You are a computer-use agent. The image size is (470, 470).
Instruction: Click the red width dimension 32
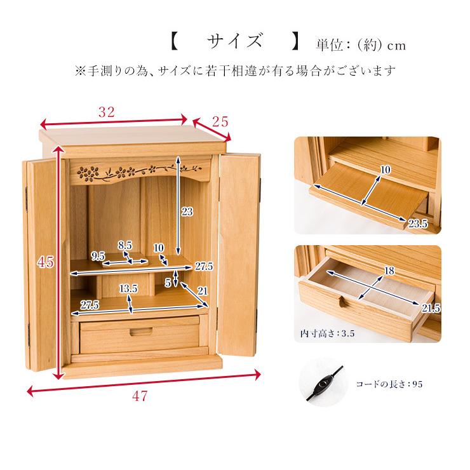click(107, 112)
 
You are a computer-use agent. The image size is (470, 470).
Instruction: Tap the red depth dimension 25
click(220, 122)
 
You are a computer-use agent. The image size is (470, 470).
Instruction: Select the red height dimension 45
click(46, 262)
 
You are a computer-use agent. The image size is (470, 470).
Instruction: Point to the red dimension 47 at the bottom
click(140, 396)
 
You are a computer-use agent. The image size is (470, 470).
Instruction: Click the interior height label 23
click(187, 211)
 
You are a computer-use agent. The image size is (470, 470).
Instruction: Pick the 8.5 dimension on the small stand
click(125, 245)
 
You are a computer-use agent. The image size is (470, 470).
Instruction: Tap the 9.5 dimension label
click(98, 256)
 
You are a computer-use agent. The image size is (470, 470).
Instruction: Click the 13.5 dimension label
click(128, 288)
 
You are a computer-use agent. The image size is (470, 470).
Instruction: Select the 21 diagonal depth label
click(203, 290)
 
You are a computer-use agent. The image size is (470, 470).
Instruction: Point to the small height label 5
click(168, 283)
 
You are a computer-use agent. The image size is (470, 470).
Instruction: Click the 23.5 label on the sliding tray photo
click(418, 224)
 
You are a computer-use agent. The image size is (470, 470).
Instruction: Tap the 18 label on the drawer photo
click(389, 271)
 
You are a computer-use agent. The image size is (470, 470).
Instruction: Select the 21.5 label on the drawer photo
click(431, 308)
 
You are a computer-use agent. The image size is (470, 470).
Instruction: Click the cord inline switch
click(323, 384)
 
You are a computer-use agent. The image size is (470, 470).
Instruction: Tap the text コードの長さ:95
click(389, 384)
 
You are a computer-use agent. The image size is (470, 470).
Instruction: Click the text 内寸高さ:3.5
click(327, 333)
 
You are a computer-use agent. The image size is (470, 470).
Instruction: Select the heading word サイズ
click(235, 41)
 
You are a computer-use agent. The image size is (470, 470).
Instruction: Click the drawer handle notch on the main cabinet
click(141, 332)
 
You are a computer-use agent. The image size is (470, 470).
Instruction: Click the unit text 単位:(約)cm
click(361, 45)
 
